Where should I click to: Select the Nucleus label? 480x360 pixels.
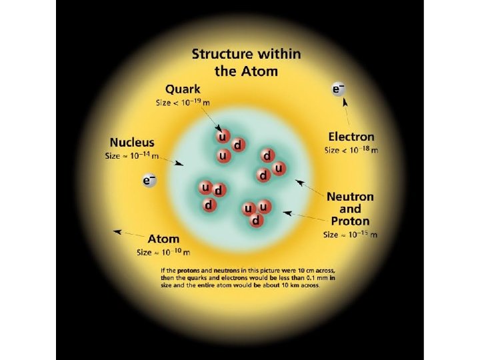coord(132,142)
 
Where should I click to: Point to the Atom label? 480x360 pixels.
coord(163,239)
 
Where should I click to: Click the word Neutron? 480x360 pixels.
coord(350,197)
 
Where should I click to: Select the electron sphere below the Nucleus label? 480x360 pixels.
coord(149,181)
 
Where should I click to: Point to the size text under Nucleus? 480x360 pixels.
coord(132,156)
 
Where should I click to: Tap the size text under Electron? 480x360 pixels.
coord(351,151)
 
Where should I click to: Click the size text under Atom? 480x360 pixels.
coord(163,253)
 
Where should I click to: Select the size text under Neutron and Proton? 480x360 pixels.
coord(351,235)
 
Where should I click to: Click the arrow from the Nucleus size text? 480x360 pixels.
coord(175,161)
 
